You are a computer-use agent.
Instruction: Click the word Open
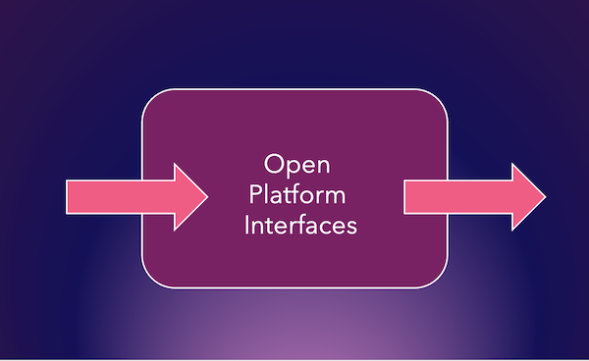pos(294,163)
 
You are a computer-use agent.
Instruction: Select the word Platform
pos(294,194)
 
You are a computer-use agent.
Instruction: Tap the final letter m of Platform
pos(337,195)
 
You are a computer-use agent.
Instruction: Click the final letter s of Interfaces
pos(350,226)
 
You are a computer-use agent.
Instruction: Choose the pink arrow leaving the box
pos(471,196)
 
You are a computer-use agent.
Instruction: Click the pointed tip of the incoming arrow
pos(207,196)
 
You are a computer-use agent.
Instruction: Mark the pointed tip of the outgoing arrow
pos(545,196)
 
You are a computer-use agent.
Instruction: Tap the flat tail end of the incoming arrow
pos(67,196)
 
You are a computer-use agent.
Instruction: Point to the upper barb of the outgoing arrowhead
pos(512,166)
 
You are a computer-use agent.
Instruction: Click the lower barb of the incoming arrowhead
pos(175,228)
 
